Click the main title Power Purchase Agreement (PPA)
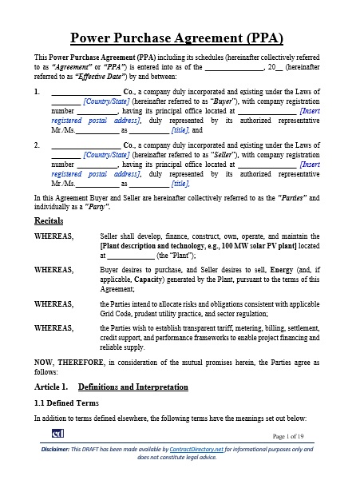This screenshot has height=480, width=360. tap(180, 37)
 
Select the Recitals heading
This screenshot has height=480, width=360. tap(49, 219)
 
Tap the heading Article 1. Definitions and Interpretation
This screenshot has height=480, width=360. tap(111, 387)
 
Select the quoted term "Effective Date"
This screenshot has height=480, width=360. tap(96, 78)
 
